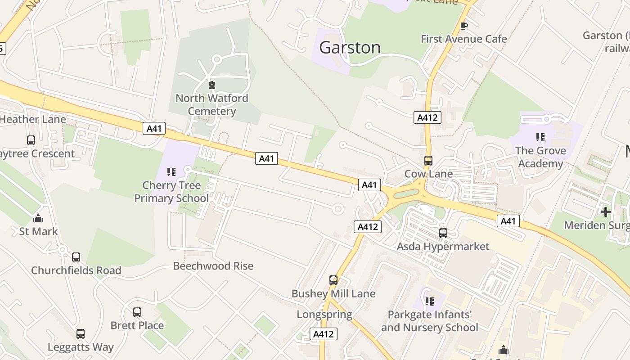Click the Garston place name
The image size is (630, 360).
pos(350,47)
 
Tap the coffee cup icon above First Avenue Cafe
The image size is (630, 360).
pos(464,26)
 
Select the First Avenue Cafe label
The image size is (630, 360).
pos(463,39)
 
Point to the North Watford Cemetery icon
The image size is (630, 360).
pos(211,85)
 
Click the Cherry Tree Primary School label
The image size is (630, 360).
pos(171,192)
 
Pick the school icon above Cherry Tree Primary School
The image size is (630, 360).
pos(171,171)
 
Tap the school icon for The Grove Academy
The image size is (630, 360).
pos(540,137)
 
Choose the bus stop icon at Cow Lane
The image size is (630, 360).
pos(428,160)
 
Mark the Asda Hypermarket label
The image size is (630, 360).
pos(443,246)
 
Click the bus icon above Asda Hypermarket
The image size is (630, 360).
pos(443,233)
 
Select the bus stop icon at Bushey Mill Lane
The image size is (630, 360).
pos(333,280)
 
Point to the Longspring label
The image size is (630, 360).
pos(324,314)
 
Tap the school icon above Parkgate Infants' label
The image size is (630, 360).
pos(430,301)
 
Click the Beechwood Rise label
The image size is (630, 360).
pos(213,265)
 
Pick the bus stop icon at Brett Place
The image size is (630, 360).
pos(137,312)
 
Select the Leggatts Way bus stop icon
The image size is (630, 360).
pos(81,334)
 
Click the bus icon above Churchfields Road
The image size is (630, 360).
pos(76,257)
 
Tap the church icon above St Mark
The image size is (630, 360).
pos(38,218)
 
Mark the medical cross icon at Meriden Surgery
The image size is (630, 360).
pos(606,211)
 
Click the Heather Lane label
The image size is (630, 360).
pos(33,119)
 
